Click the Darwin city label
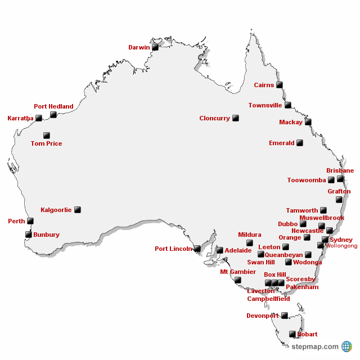click(x=139, y=48)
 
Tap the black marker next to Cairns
click(x=279, y=85)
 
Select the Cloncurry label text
click(x=214, y=119)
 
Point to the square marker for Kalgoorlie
click(x=78, y=210)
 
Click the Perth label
click(x=16, y=222)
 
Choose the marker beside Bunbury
click(x=29, y=235)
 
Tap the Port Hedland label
click(x=53, y=106)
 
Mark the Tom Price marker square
click(x=47, y=136)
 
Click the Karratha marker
click(x=39, y=118)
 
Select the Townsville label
click(x=265, y=105)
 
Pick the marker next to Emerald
click(x=300, y=143)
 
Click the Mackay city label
click(x=291, y=122)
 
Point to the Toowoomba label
click(x=307, y=181)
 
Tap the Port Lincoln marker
click(x=197, y=249)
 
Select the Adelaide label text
click(x=238, y=251)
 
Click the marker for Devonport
click(x=285, y=316)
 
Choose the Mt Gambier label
click(x=238, y=272)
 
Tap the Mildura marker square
click(x=250, y=243)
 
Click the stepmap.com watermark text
click(x=315, y=346)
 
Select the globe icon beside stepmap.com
click(x=346, y=346)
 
